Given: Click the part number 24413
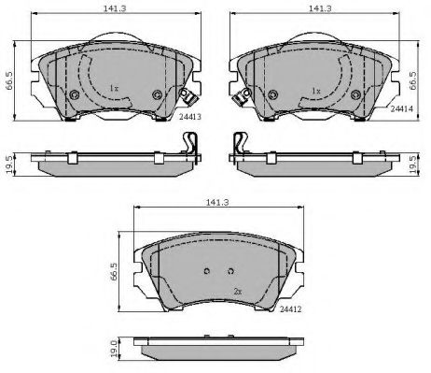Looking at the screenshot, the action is click(x=190, y=117).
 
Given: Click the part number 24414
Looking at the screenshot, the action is click(x=401, y=108).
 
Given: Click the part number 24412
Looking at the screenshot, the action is click(x=291, y=309).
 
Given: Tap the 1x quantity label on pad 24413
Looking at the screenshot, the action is click(x=114, y=89).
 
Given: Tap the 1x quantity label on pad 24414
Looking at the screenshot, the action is click(x=316, y=91).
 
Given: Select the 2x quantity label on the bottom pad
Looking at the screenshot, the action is click(x=238, y=292).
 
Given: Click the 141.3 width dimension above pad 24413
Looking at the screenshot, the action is click(x=115, y=8).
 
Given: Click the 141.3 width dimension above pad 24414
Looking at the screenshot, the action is click(x=320, y=8).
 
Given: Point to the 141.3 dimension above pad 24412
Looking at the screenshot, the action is click(x=217, y=202).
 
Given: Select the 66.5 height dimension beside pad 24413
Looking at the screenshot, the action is click(x=9, y=80).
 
